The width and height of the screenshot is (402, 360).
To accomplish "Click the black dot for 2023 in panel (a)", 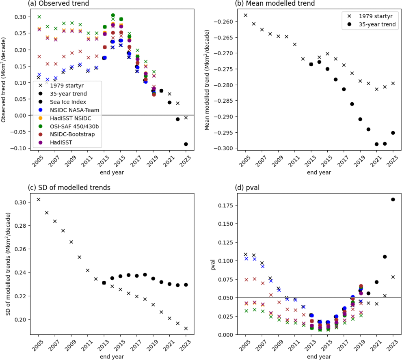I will (186, 144).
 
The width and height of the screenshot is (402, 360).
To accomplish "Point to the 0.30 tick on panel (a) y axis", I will (26, 17).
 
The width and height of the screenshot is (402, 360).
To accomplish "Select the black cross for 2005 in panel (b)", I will (245, 15).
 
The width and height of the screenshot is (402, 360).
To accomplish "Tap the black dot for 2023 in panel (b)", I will (393, 133).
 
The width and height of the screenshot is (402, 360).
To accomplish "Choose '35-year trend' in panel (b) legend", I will (376, 25).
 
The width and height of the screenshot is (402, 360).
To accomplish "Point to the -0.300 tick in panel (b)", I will (232, 148).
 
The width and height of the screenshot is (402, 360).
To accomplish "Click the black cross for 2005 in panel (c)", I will (39, 199).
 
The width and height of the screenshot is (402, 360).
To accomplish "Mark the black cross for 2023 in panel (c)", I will (186, 328).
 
